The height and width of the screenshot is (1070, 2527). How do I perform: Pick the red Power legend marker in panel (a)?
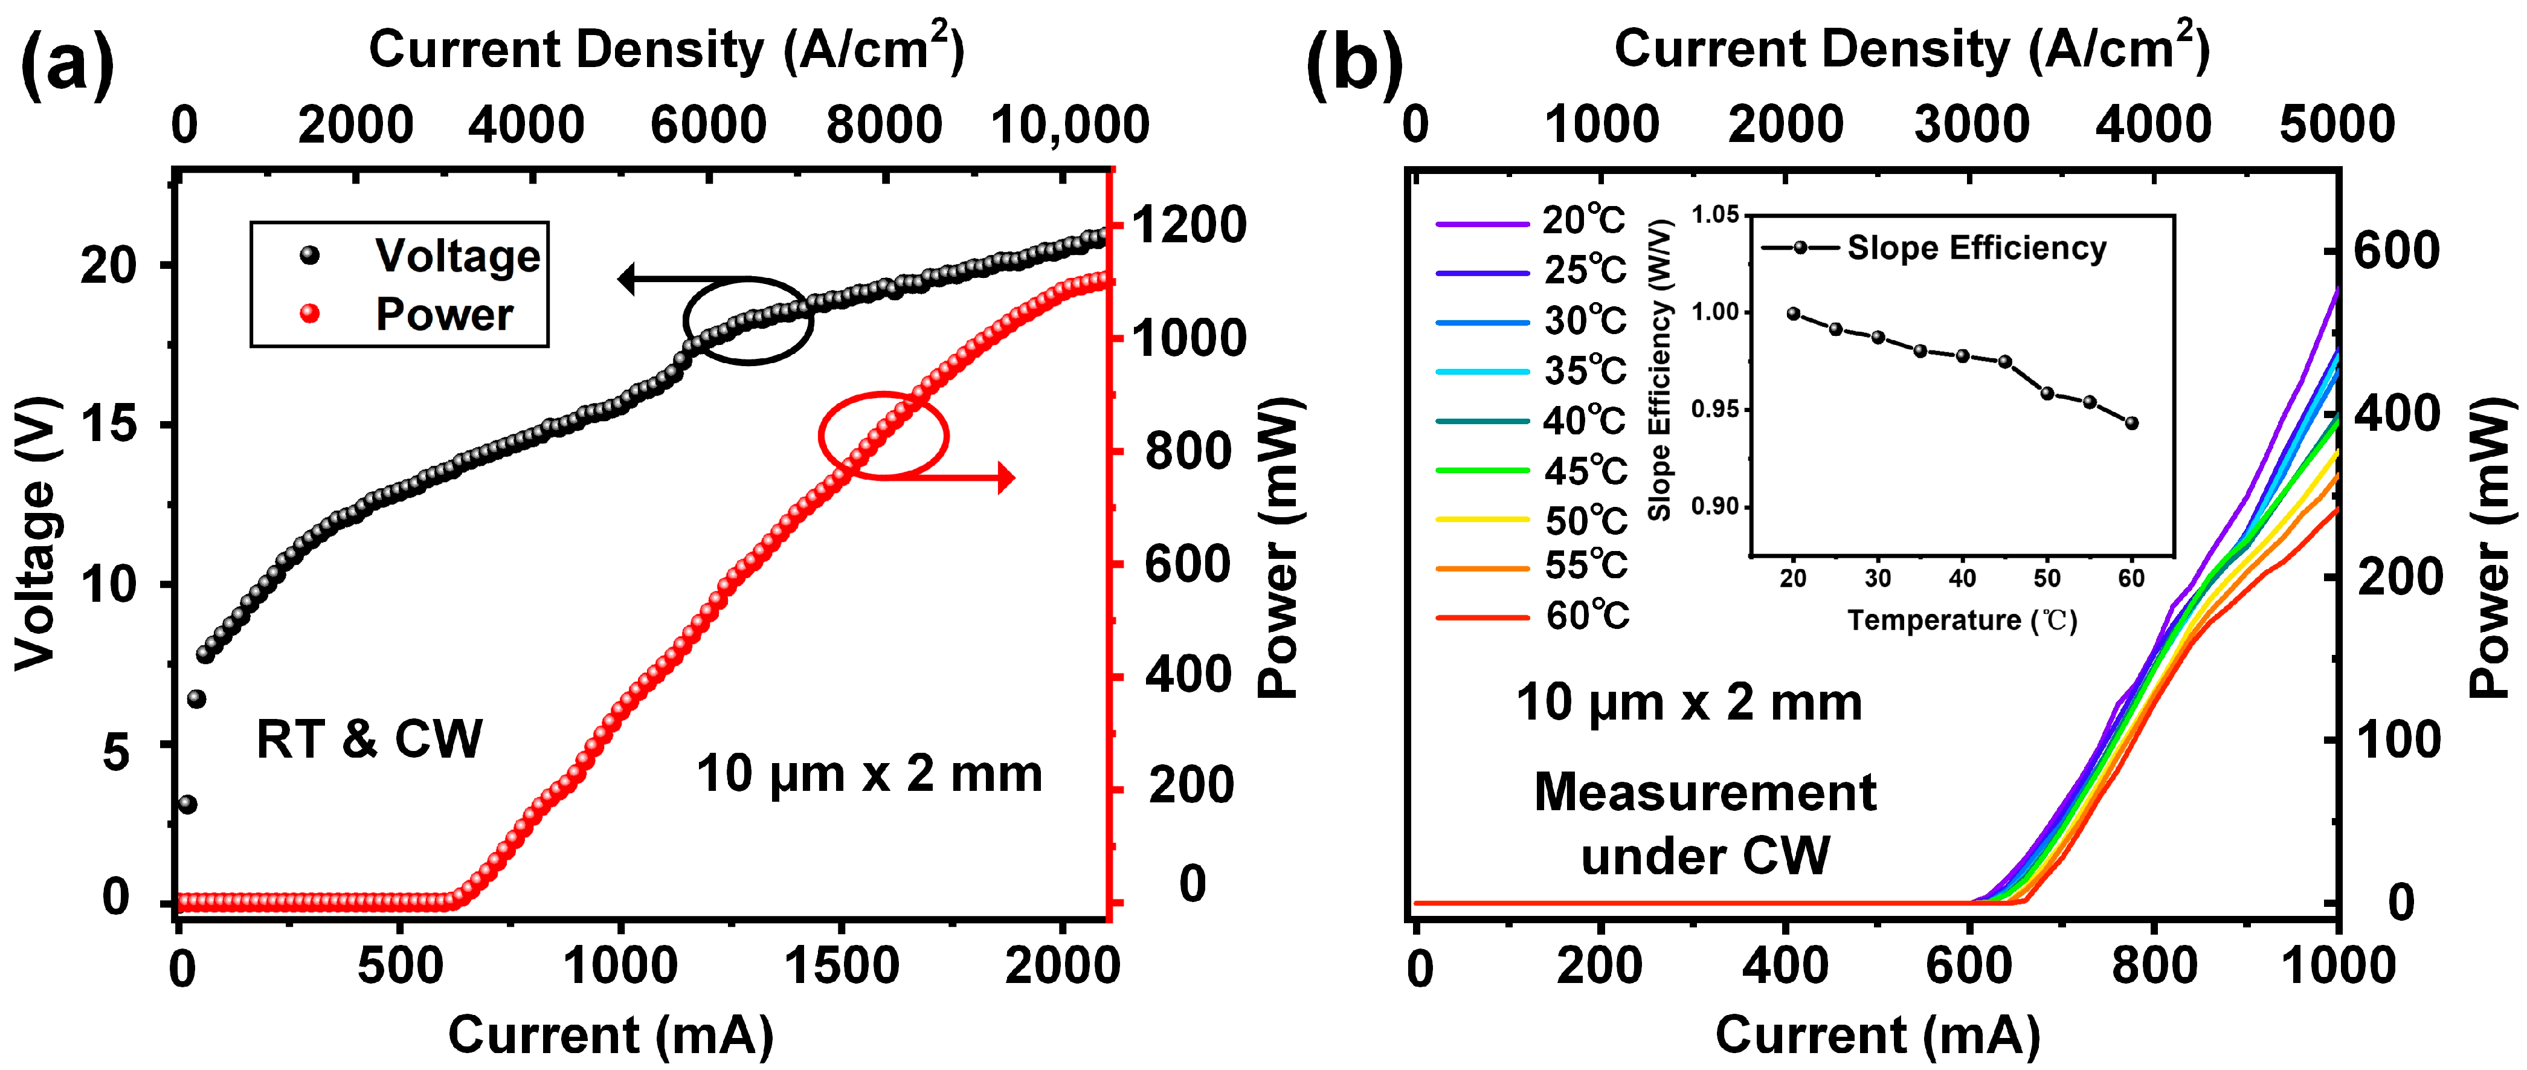(x=310, y=314)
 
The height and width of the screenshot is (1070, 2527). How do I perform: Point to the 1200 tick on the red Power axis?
(x=1188, y=225)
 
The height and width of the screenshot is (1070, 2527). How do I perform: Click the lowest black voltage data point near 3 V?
(x=187, y=804)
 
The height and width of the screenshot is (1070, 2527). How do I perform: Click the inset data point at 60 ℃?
(x=2131, y=424)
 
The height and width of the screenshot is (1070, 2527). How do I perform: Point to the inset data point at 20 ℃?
(x=1793, y=314)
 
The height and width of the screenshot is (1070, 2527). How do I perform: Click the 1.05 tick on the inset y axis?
(x=1714, y=214)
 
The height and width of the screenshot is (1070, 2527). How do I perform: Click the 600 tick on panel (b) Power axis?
(x=2395, y=251)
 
